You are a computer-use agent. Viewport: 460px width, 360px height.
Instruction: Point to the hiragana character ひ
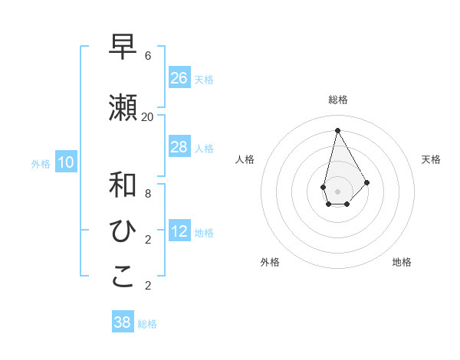(x=123, y=231)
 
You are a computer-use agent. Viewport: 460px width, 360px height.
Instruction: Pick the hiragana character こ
(x=123, y=277)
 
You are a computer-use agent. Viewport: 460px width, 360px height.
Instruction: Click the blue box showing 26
(x=179, y=78)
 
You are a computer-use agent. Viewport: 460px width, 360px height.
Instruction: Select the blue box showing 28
(x=179, y=147)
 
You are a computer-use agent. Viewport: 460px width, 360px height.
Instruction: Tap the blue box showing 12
(x=179, y=232)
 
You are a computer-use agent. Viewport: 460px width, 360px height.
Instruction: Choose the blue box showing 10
(x=66, y=162)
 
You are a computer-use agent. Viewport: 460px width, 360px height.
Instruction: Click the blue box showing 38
(x=123, y=322)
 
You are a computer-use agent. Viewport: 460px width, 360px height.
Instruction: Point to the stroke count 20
(x=148, y=116)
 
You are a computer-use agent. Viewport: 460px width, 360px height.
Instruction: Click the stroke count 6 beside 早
(x=148, y=56)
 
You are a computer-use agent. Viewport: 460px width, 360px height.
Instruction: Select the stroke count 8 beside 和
(x=148, y=193)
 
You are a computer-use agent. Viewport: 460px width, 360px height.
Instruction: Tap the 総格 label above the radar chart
(x=338, y=100)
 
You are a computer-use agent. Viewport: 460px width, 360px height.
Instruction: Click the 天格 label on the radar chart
(x=431, y=159)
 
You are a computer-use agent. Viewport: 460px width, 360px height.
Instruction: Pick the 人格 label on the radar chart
(x=245, y=159)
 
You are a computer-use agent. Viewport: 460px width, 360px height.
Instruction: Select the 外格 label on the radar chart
(x=270, y=262)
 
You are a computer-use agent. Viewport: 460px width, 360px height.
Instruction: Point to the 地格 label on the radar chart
(x=402, y=262)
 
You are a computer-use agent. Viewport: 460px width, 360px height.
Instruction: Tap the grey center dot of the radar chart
(x=337, y=191)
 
